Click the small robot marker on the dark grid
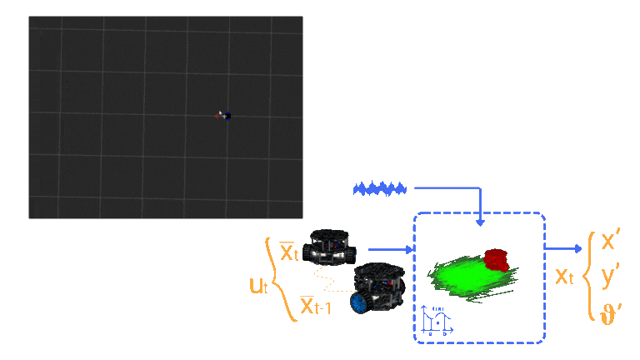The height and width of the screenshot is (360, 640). pyautogui.click(x=224, y=116)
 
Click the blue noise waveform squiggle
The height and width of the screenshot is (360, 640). pyautogui.click(x=379, y=188)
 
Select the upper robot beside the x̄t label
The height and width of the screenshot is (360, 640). pyautogui.click(x=329, y=247)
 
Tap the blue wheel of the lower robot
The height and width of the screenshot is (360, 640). pyautogui.click(x=362, y=302)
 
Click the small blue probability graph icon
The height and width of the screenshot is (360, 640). pyautogui.click(x=436, y=319)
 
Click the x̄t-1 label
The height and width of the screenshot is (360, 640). pyautogui.click(x=315, y=307)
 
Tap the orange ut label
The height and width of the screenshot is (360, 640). pyautogui.click(x=258, y=286)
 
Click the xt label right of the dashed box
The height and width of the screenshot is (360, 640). pyautogui.click(x=564, y=276)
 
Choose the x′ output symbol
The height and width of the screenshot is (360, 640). pyautogui.click(x=610, y=242)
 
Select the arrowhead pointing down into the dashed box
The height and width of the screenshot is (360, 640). pyautogui.click(x=480, y=222)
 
